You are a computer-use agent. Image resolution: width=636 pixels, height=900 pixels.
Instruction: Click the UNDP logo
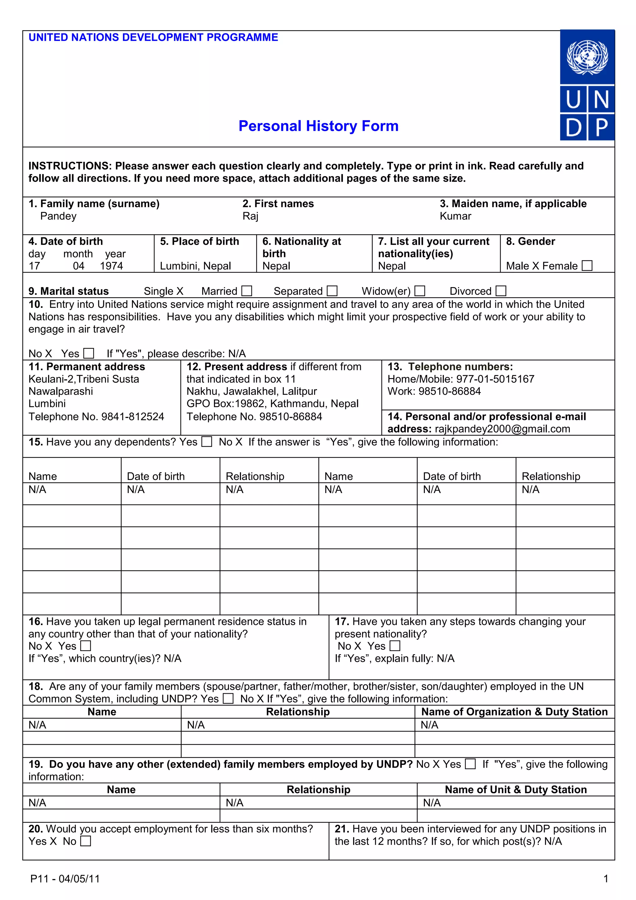(587, 85)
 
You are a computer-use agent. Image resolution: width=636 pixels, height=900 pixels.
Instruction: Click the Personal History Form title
(318, 126)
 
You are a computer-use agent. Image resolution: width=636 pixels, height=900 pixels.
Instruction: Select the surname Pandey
(58, 216)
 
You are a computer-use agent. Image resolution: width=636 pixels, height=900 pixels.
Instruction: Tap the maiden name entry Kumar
(455, 216)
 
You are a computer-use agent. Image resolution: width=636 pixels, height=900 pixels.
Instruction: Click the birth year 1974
(111, 266)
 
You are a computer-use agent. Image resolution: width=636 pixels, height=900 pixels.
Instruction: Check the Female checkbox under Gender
(587, 266)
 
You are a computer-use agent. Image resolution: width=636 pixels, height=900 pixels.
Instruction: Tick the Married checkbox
(247, 291)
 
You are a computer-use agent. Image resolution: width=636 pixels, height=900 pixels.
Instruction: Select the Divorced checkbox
(501, 291)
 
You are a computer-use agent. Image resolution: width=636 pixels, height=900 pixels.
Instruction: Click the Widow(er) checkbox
(420, 291)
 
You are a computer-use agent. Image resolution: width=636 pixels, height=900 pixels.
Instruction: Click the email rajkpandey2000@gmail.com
(502, 429)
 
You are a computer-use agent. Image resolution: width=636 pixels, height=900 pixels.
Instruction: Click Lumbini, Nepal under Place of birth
(195, 266)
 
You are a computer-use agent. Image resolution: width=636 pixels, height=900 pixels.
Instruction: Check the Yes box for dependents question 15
(207, 442)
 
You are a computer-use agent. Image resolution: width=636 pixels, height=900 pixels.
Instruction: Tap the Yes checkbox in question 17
(395, 646)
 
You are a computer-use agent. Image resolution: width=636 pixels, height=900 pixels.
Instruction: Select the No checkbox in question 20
(85, 841)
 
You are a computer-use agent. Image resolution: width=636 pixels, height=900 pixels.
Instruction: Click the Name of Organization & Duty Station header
(514, 712)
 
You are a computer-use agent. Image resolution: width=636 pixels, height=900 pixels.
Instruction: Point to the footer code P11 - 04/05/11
(65, 879)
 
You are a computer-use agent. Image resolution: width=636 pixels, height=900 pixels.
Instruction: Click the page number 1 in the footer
(606, 879)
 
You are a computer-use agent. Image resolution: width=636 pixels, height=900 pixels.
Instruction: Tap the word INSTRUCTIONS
(69, 166)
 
